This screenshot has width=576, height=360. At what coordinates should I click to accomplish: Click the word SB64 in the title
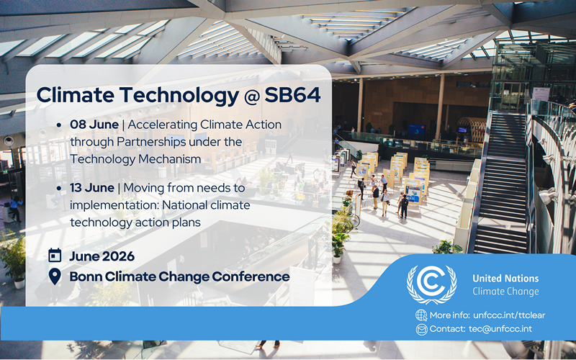coord(292,95)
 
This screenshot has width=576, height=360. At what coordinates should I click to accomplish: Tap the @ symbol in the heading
coord(251,96)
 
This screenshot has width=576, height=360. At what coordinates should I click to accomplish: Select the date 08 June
coord(94,125)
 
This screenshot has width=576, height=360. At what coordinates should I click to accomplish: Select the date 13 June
coord(92,188)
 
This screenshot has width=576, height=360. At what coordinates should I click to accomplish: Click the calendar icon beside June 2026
coord(55,255)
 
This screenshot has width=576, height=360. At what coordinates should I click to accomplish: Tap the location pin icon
coord(55,276)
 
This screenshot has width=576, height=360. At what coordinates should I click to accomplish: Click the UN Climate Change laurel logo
coord(431,284)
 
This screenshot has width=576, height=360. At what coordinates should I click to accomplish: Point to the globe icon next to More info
coord(421,315)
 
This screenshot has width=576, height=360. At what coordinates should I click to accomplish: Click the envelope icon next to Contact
coord(421,329)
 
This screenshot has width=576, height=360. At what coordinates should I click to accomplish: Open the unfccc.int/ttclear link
coord(509,315)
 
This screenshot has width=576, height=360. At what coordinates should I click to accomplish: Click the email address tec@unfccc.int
coord(500,329)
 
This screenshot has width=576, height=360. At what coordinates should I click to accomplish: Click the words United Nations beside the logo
coord(505,279)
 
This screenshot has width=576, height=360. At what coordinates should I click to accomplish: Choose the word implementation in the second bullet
coord(114,205)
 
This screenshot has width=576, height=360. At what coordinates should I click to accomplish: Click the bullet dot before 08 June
coord(59,125)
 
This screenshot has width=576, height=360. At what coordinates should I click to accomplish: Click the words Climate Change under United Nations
coord(505,292)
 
